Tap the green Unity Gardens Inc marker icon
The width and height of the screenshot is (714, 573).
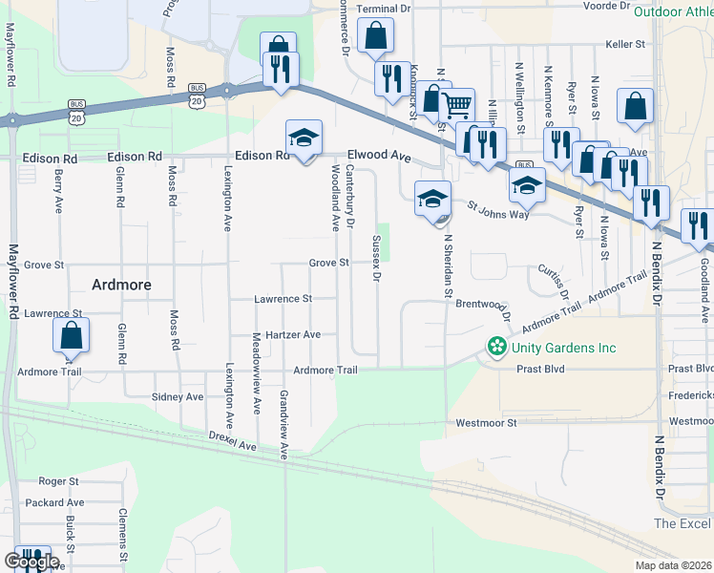[x=495, y=347]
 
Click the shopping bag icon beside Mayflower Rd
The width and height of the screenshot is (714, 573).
[x=71, y=336]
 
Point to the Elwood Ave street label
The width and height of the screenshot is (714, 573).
[x=379, y=155]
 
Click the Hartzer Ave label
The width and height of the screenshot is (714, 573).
[x=293, y=335]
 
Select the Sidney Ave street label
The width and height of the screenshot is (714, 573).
[x=178, y=396]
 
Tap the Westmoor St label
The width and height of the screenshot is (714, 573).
[x=486, y=422]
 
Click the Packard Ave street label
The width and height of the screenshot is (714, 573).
[x=56, y=502]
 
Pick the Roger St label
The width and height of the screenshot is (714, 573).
[x=58, y=482]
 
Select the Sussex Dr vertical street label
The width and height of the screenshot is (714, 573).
[x=376, y=259]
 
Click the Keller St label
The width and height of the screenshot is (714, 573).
[x=626, y=44]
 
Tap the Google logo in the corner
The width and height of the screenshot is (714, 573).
[x=31, y=561]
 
